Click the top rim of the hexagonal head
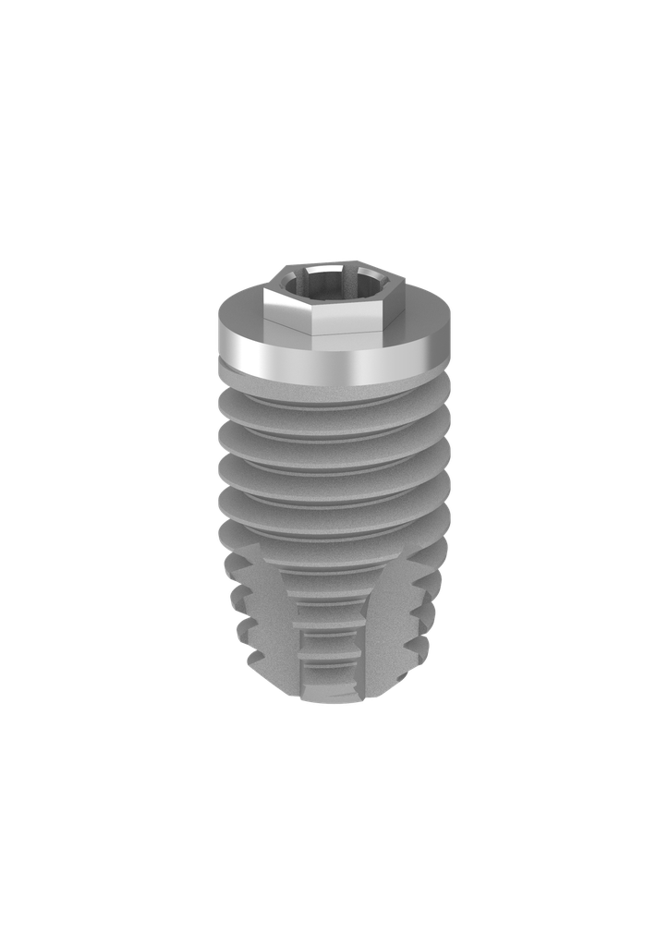[x=334, y=269]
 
